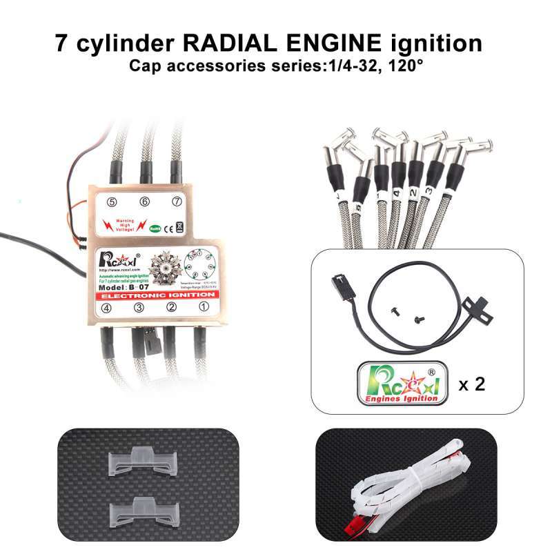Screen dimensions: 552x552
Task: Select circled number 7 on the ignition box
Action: (177, 201)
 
